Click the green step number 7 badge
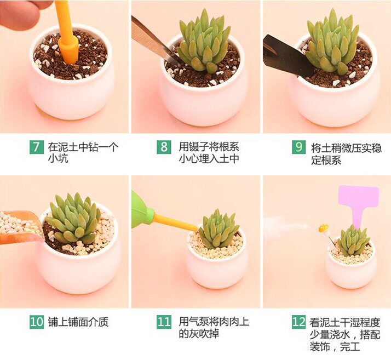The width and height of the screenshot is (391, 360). pos(36,147)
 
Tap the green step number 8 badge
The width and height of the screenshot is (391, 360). pos(164,147)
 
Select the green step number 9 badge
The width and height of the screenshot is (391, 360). pos(299,147)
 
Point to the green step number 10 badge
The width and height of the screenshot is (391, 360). pos(36,322)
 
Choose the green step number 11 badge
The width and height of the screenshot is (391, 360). pos(164,322)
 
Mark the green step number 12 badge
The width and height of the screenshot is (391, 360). pos(299,322)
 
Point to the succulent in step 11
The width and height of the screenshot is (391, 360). pos(218,229)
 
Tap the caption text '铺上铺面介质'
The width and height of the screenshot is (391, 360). pos(78,322)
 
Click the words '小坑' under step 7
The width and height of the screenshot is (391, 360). pos(58,158)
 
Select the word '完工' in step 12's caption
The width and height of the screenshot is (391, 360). pos(350,347)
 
